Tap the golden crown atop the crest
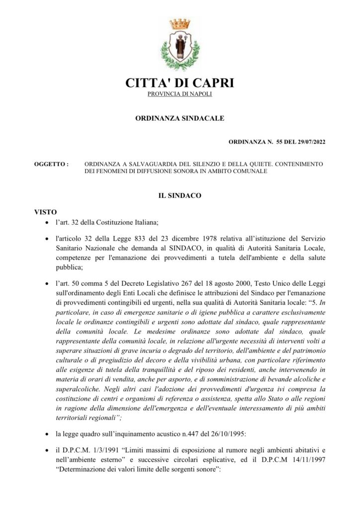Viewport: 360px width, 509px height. coord(180,23)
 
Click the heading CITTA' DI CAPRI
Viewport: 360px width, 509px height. coord(180,83)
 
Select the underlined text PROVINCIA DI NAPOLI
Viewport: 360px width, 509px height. coord(180,94)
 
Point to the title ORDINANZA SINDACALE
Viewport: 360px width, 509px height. coord(180,118)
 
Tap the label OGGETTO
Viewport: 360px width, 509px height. coord(50,164)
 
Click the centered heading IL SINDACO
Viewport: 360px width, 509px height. coord(180,196)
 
